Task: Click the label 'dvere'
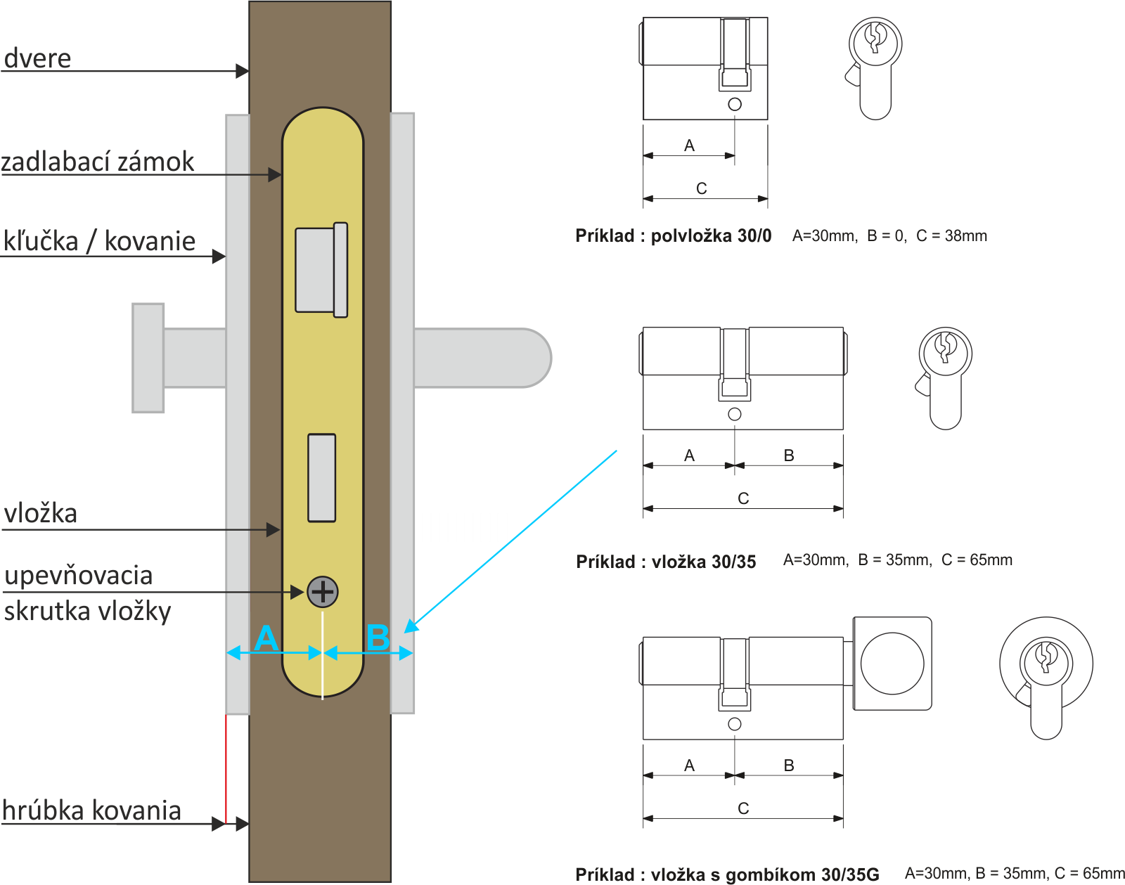pos(37,58)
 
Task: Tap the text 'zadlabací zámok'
pos(97,162)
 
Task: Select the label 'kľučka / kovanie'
pos(99,241)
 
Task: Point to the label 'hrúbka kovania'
pos(91,810)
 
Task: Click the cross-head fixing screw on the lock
pos(323,592)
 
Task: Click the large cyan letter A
pos(266,638)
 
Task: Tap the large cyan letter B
pos(378,638)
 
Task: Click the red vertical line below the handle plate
pos(225,768)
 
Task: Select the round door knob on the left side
pos(148,358)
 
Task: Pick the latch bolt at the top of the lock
pos(321,270)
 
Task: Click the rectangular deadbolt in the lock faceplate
pos(321,478)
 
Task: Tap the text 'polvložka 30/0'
pos(711,236)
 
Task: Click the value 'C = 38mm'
pos(951,235)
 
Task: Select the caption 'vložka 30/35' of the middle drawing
pos(704,562)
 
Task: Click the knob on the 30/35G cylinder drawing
pos(892,664)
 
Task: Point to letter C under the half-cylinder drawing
pos(702,188)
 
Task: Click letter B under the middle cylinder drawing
pos(789,456)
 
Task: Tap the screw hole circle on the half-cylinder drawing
pos(735,104)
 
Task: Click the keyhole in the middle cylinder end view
pos(945,347)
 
